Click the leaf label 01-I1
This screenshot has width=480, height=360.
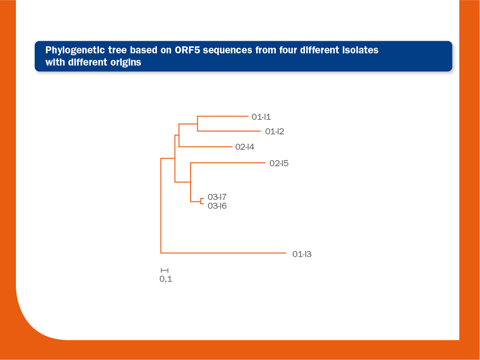pos(261,117)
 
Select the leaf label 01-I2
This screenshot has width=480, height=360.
pos(274,132)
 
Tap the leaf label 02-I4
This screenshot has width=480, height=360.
pos(244,147)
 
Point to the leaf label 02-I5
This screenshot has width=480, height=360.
pos(279,163)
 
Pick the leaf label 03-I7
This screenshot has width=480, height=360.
pos(217,197)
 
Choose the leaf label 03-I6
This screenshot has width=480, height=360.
pos(217,206)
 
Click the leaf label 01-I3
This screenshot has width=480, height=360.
pos(302,254)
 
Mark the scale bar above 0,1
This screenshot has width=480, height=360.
pos(164,270)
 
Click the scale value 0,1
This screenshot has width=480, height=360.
pos(166,279)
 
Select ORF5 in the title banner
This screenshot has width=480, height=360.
pos(187,50)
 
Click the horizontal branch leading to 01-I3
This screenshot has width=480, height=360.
pos(223,253)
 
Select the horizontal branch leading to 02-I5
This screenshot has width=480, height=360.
pos(228,163)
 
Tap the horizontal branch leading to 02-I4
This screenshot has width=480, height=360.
pos(206,147)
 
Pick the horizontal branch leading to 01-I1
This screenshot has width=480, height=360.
pos(223,116)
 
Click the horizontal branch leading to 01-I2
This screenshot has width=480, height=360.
pos(229,131)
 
